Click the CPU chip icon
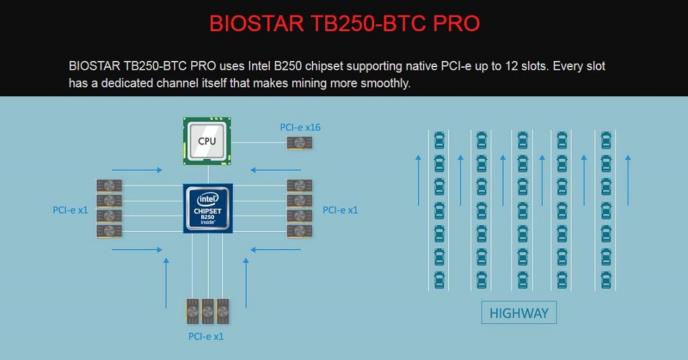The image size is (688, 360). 207,142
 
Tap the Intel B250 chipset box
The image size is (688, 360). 208,208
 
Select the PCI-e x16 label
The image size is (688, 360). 300,127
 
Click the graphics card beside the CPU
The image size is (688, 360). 300,142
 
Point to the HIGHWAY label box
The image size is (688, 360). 519,313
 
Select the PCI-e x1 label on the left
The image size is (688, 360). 70,210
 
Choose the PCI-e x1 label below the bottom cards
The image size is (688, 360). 206,336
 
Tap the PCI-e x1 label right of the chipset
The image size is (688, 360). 340,210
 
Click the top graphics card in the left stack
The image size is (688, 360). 109,186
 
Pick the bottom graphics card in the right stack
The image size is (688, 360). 300,231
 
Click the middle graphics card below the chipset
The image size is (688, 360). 207,311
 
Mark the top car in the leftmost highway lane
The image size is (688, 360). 439,140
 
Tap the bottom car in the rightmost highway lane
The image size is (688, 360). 606,280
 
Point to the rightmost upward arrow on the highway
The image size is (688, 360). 628,180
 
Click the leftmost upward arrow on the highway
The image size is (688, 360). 418,180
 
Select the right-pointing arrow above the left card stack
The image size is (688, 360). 137,169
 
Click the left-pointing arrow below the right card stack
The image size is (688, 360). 276,249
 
